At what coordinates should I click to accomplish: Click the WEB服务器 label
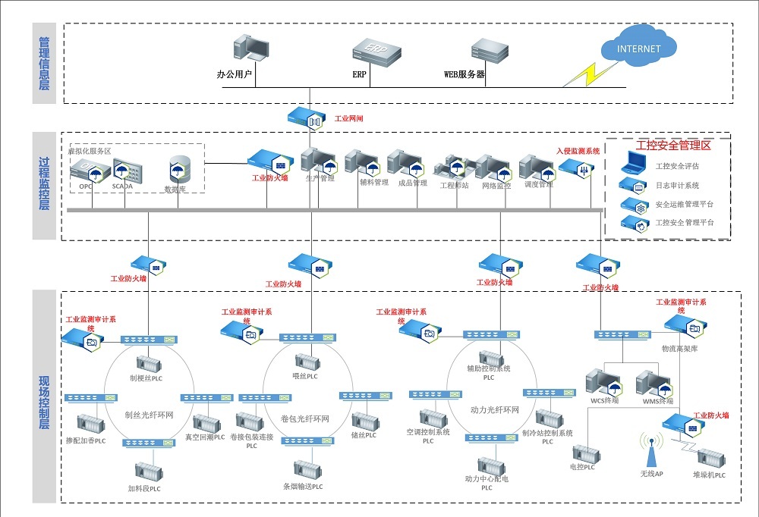[x=464, y=74]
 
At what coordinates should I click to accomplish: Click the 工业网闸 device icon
[x=307, y=118]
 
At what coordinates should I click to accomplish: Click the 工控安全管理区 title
[x=668, y=145]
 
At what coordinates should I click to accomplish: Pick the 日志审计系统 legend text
[x=677, y=185]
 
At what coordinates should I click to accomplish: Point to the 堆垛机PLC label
[x=709, y=475]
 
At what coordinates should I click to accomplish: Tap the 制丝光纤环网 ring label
[x=149, y=415]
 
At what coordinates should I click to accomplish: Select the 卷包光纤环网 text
[x=304, y=419]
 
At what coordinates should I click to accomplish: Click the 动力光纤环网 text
[x=494, y=410]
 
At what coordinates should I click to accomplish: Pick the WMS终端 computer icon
[x=650, y=382]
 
